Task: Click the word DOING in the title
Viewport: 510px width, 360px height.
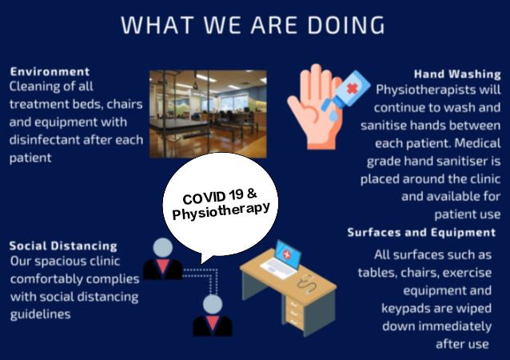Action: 346,25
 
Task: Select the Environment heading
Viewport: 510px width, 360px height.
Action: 50,72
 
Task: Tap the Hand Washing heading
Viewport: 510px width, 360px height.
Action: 457,74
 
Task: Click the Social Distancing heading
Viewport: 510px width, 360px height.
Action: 63,246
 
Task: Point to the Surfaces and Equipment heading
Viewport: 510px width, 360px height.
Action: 421,233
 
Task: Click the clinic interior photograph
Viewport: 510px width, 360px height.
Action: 208,114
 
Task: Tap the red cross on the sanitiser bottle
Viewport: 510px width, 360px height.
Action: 353,88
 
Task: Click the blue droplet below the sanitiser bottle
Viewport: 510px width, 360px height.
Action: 333,115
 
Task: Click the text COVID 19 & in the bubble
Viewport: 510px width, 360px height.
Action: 220,196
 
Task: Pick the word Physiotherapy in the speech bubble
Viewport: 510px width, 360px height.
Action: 221,211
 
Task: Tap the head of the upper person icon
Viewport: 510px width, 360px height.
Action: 162,247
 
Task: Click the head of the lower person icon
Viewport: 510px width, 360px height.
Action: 213,304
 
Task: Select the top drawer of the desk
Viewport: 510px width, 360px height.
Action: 294,304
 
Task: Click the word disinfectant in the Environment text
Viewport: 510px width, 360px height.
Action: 44,140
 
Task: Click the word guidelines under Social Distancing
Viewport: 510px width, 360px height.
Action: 40,314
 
